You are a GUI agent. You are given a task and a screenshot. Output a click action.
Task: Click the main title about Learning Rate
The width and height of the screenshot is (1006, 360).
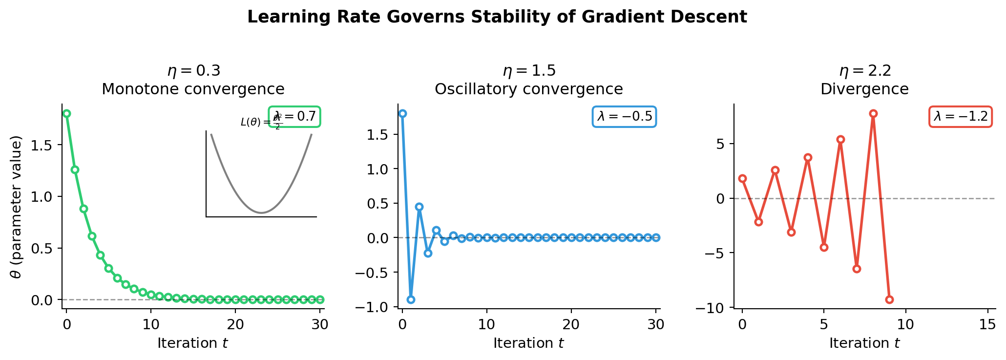(497, 17)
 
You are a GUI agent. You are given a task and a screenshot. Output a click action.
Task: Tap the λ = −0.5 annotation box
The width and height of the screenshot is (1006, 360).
(624, 117)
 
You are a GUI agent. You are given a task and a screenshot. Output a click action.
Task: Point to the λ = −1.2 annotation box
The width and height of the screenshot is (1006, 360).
(960, 117)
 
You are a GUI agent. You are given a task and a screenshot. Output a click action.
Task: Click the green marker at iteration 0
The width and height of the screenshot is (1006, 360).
(66, 113)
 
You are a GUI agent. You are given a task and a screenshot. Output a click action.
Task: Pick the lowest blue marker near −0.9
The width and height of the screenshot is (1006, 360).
(411, 299)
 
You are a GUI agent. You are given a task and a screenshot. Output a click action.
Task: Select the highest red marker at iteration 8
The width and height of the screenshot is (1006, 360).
(873, 113)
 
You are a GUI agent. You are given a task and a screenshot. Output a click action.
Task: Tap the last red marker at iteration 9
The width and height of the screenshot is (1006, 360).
(889, 299)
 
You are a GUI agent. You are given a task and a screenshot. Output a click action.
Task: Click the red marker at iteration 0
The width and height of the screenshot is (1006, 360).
(742, 178)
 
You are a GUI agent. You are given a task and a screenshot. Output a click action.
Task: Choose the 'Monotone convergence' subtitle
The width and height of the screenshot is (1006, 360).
(193, 89)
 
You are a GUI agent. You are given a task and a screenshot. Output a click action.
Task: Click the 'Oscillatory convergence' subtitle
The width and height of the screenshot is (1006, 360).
(528, 89)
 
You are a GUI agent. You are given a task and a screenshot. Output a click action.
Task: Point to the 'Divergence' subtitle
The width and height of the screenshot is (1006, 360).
(864, 89)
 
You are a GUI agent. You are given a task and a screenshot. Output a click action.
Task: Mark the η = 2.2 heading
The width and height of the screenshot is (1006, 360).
(865, 71)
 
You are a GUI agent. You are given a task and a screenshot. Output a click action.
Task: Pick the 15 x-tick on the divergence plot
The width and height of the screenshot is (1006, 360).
(987, 324)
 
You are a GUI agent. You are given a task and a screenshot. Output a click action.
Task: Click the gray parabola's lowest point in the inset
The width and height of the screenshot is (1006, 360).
(262, 213)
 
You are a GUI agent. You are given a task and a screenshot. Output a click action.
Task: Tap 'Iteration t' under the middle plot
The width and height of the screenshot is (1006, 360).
(528, 343)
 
